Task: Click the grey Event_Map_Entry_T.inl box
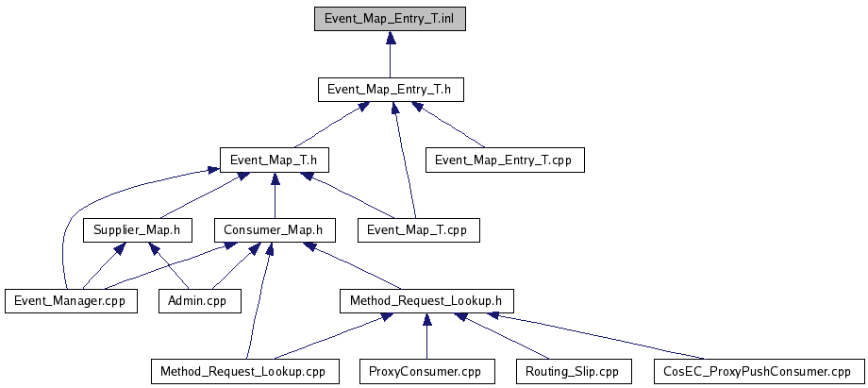pyautogui.click(x=390, y=19)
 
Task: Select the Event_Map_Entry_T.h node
pyautogui.click(x=391, y=90)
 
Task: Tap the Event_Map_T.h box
pyautogui.click(x=274, y=160)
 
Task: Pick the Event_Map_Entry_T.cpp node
pyautogui.click(x=505, y=160)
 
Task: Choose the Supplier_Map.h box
pyautogui.click(x=138, y=230)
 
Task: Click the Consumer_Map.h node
pyautogui.click(x=275, y=230)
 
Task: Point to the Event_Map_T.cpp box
pyautogui.click(x=419, y=230)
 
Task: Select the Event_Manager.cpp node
pyautogui.click(x=71, y=301)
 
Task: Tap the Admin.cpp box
pyautogui.click(x=200, y=301)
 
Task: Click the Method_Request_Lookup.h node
pyautogui.click(x=426, y=301)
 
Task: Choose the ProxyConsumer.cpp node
pyautogui.click(x=426, y=371)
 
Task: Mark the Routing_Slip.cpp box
pyautogui.click(x=574, y=371)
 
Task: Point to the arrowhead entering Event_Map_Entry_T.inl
pyautogui.click(x=391, y=37)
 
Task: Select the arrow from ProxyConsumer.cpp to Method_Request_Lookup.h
pyautogui.click(x=426, y=336)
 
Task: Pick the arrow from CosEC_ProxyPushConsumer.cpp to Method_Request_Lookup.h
pyautogui.click(x=596, y=336)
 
